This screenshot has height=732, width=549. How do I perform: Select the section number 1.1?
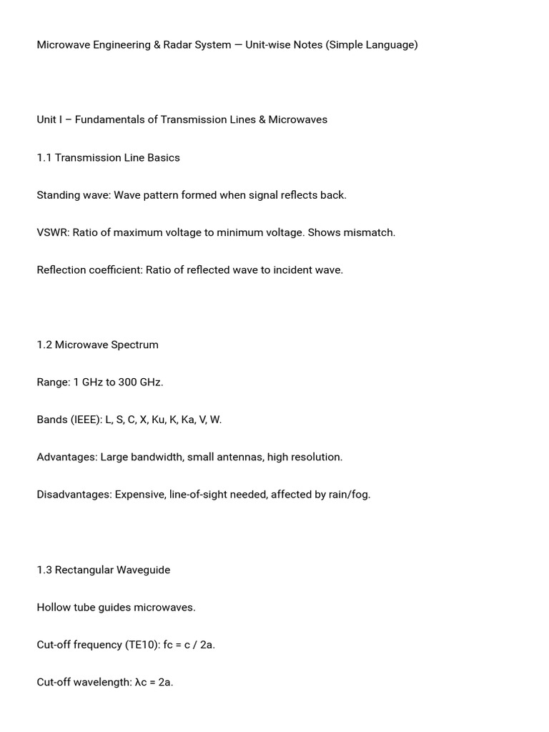(x=44, y=158)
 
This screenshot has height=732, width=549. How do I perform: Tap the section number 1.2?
(x=44, y=345)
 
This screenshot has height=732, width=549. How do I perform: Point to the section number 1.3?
(x=44, y=570)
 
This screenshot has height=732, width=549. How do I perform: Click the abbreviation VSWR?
(x=52, y=233)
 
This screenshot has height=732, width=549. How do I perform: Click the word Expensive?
(x=140, y=495)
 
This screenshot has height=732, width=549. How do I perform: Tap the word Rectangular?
(x=84, y=570)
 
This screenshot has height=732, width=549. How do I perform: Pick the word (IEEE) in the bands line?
(x=85, y=420)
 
